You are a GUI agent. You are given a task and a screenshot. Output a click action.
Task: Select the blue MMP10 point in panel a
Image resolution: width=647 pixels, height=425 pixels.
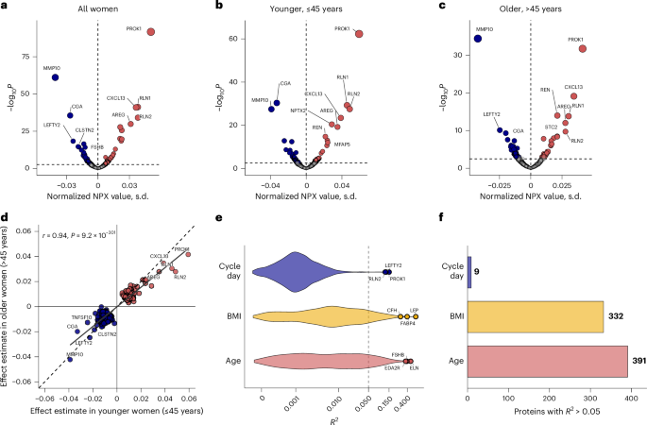coord(55,76)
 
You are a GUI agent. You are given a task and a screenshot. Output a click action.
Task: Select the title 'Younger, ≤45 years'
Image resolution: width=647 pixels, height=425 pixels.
coord(314,8)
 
